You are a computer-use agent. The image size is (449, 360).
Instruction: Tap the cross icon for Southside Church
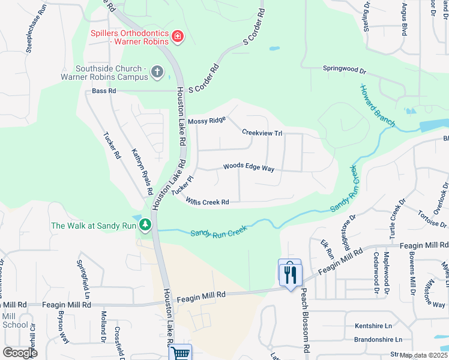tap(157, 72)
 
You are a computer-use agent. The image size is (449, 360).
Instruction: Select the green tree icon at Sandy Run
tap(145, 225)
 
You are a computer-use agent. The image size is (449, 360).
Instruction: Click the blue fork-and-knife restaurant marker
tap(289, 274)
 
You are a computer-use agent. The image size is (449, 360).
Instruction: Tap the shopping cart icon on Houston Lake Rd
tap(179, 353)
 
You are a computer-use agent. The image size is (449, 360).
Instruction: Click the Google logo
tap(20, 353)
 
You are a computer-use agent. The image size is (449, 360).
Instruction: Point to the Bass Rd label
tap(103, 91)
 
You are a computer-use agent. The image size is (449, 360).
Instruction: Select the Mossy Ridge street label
tap(206, 121)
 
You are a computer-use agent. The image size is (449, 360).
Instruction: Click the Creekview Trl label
tap(262, 132)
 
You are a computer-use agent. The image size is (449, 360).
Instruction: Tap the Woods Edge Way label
tap(249, 167)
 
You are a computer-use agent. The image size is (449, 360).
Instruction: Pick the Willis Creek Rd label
tap(207, 202)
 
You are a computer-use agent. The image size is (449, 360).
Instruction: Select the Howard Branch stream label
tap(377, 106)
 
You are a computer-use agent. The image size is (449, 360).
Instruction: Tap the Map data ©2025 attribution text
tap(424, 355)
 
